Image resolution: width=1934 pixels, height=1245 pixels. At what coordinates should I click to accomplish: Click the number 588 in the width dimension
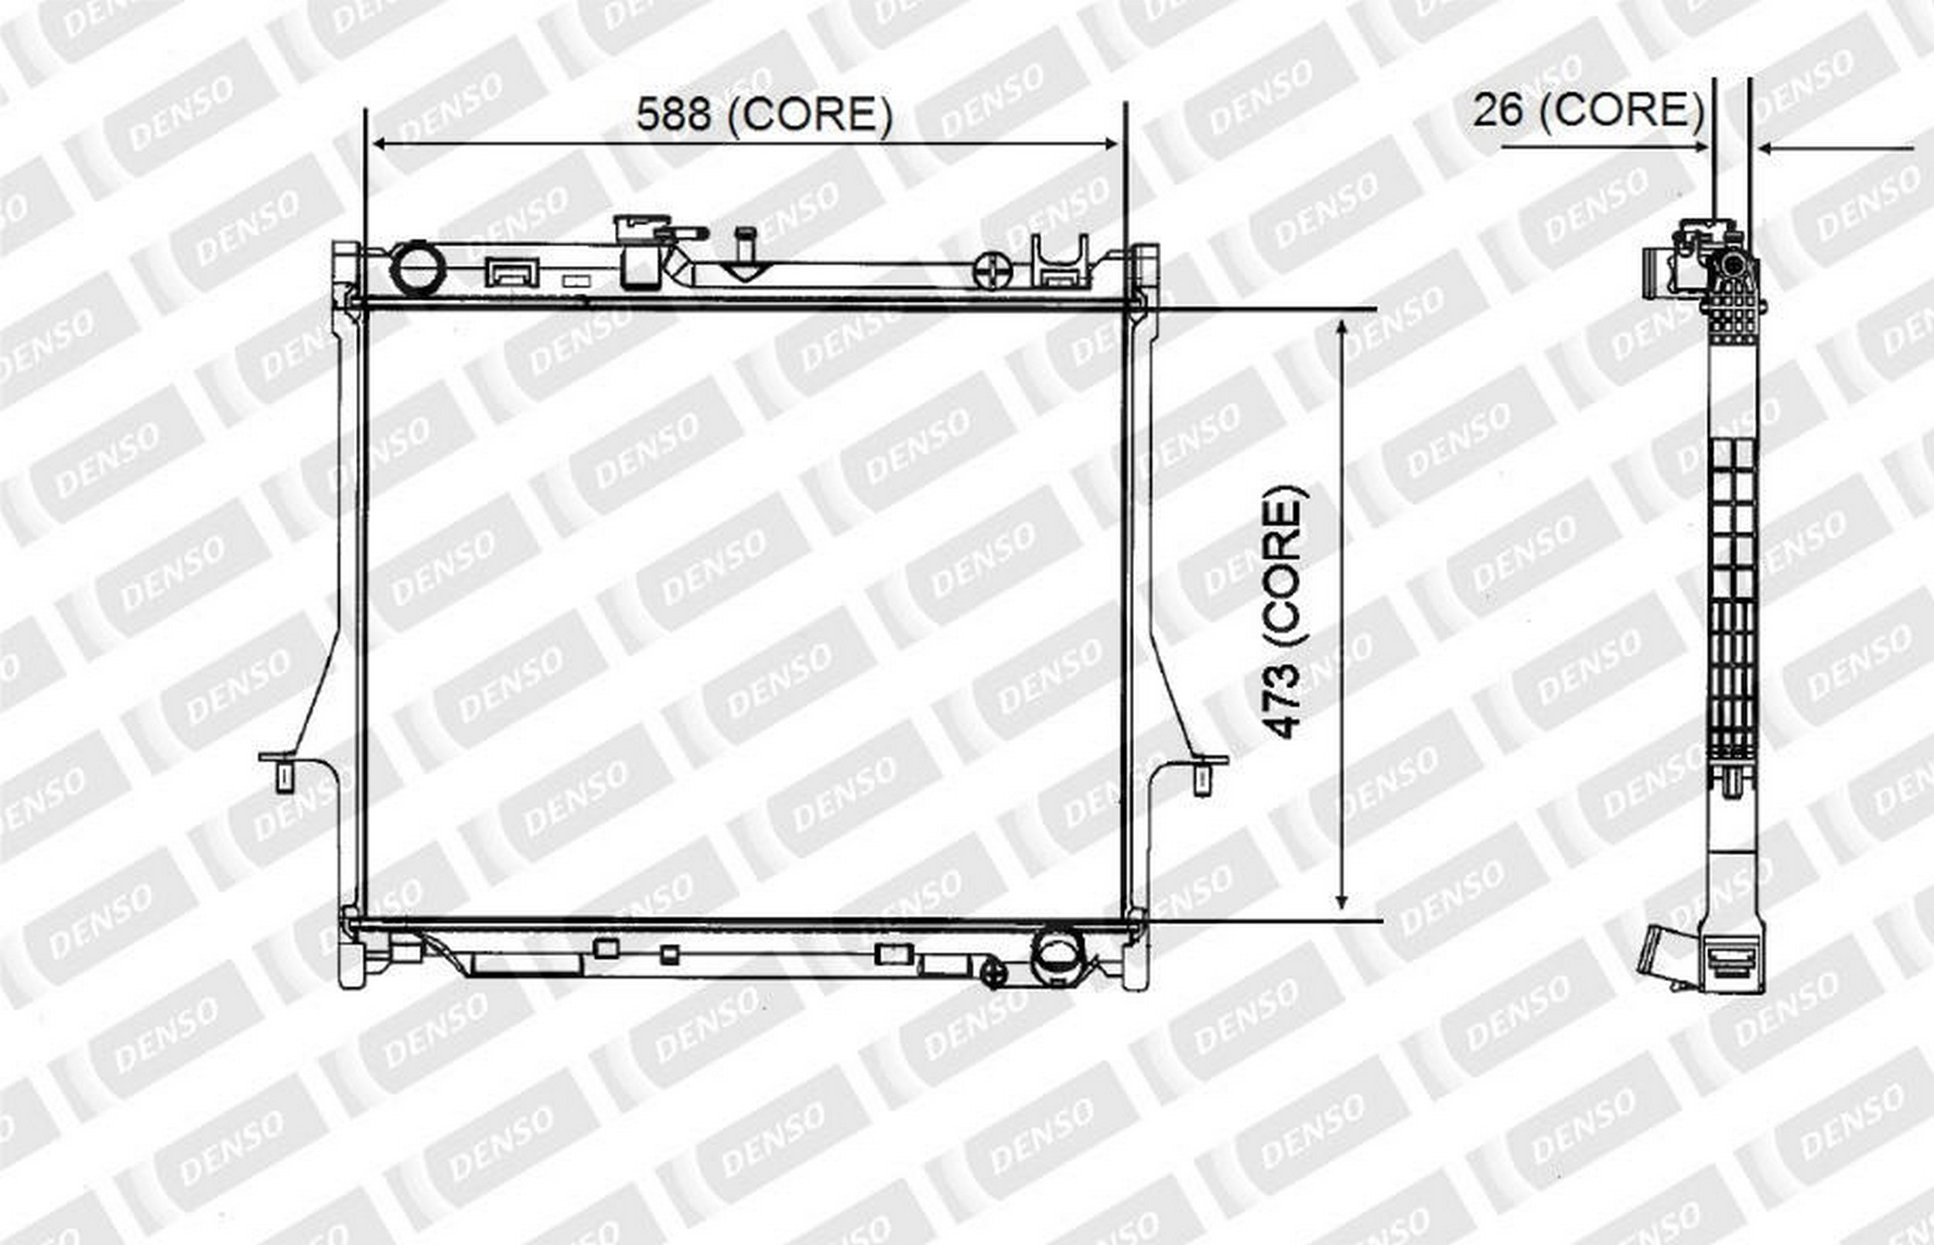click(673, 114)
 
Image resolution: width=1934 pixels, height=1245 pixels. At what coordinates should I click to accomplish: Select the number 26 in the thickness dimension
click(1498, 110)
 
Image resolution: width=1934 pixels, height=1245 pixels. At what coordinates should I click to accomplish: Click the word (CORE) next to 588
click(810, 115)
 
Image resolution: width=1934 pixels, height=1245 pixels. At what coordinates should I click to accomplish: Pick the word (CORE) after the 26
click(1622, 111)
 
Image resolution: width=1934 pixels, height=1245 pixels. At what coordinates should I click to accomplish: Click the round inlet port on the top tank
click(418, 268)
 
